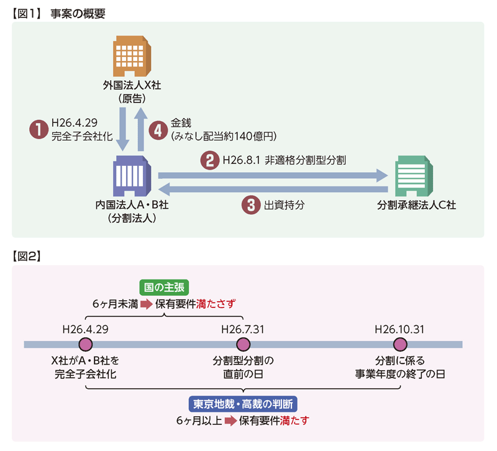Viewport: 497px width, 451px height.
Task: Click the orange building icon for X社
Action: pyautogui.click(x=131, y=57)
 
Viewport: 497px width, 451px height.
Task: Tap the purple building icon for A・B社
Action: pyautogui.click(x=131, y=176)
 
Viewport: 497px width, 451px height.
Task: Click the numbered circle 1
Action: pyautogui.click(x=39, y=129)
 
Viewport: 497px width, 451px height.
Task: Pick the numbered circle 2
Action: pyautogui.click(x=209, y=160)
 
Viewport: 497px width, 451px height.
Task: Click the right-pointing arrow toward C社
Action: pyautogui.click(x=273, y=176)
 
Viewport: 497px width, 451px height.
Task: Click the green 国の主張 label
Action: pyautogui.click(x=164, y=287)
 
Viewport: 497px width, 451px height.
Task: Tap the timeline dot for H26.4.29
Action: pyautogui.click(x=86, y=344)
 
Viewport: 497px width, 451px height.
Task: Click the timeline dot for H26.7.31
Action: pyautogui.click(x=242, y=344)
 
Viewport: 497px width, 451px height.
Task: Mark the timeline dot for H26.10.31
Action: pyautogui.click(x=400, y=344)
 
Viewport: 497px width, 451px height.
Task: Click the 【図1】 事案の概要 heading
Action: pyautogui.click(x=59, y=11)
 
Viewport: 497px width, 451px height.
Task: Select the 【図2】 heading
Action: pyautogui.click(x=26, y=255)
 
